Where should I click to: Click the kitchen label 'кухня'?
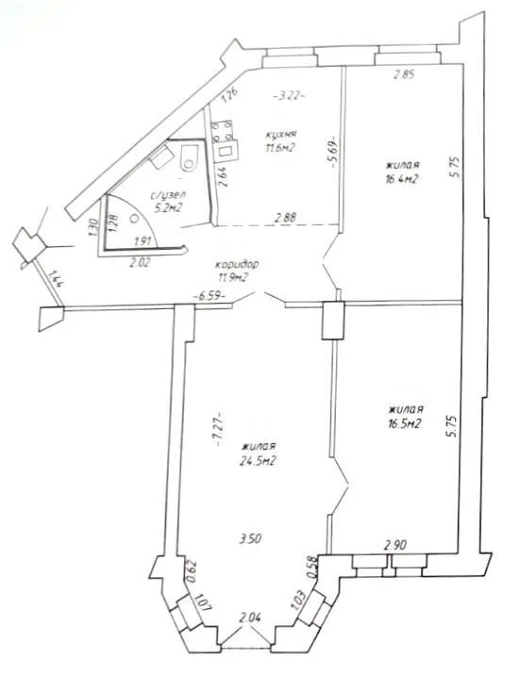coord(280,134)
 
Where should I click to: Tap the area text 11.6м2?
coord(279,148)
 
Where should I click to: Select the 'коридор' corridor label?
coord(236,265)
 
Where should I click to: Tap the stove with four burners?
coord(221,132)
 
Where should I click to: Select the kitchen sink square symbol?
coord(227,152)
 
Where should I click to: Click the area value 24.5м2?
coord(259,461)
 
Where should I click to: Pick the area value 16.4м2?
coord(402,178)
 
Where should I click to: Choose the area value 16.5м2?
coord(402,424)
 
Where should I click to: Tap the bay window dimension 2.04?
coord(249,618)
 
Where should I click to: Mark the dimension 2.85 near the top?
coord(404,74)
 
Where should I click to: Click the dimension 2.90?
coord(395,545)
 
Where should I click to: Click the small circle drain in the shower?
coord(135,219)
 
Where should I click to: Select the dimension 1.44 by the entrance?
coord(56,280)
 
